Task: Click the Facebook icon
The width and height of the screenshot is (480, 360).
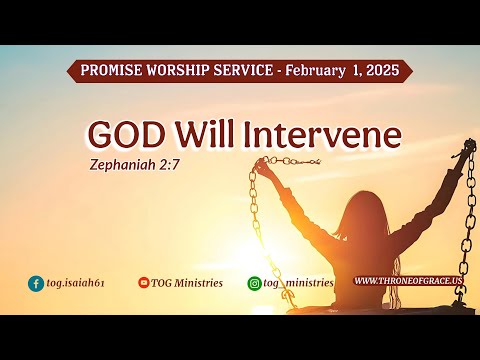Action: [x=36, y=283]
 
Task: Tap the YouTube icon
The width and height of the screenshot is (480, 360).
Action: [x=144, y=283]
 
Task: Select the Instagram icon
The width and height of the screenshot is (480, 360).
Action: [x=254, y=283]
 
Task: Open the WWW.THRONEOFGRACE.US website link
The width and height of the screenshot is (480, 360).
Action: [x=408, y=282]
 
